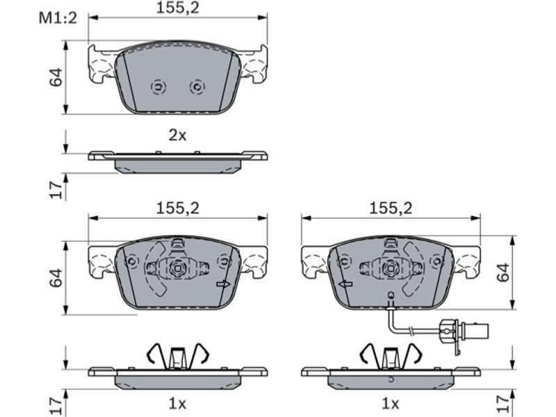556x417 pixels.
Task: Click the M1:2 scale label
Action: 58,18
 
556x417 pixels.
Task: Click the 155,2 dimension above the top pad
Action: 178,8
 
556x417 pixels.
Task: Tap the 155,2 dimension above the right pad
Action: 391,208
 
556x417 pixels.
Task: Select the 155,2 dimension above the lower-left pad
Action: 178,208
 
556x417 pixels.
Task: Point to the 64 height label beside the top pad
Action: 56,77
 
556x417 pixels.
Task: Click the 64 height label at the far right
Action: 502,272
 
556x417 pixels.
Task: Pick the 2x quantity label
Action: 177,135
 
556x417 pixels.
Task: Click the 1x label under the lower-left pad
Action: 177,403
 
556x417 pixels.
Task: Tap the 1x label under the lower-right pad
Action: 390,403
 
